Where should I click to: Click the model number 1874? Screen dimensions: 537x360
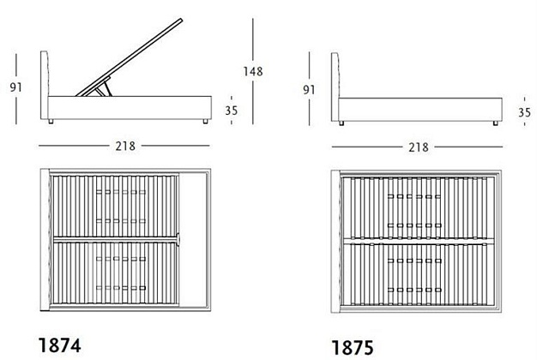tap(59, 345)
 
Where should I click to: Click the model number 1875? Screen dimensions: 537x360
tap(353, 348)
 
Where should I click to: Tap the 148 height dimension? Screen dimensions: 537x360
tap(253, 71)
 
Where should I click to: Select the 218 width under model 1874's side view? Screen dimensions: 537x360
tap(125, 146)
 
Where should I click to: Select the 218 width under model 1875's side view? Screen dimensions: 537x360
tap(418, 147)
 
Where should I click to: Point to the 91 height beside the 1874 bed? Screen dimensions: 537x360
tap(15, 87)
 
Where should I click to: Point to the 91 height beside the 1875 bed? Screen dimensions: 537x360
tap(309, 90)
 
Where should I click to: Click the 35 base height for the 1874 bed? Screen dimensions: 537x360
tap(231, 111)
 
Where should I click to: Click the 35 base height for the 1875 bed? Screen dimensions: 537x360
tap(524, 112)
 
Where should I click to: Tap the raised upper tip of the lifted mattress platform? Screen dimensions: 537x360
tap(181, 21)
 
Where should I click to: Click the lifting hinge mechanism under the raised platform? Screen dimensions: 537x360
tap(103, 87)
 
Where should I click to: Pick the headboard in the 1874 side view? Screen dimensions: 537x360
tap(45, 85)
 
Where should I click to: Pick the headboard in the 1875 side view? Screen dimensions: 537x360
tap(335, 87)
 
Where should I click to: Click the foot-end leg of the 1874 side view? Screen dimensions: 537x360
tap(206, 121)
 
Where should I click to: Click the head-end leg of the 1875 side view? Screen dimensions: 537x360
tap(341, 123)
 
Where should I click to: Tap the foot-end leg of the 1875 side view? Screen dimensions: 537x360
tap(495, 123)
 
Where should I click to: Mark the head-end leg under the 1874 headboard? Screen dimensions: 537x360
tap(51, 121)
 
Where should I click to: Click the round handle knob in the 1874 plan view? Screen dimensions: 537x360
tap(178, 239)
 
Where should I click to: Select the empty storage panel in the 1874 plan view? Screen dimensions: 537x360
tap(193, 239)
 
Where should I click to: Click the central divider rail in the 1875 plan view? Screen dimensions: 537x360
tap(419, 241)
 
